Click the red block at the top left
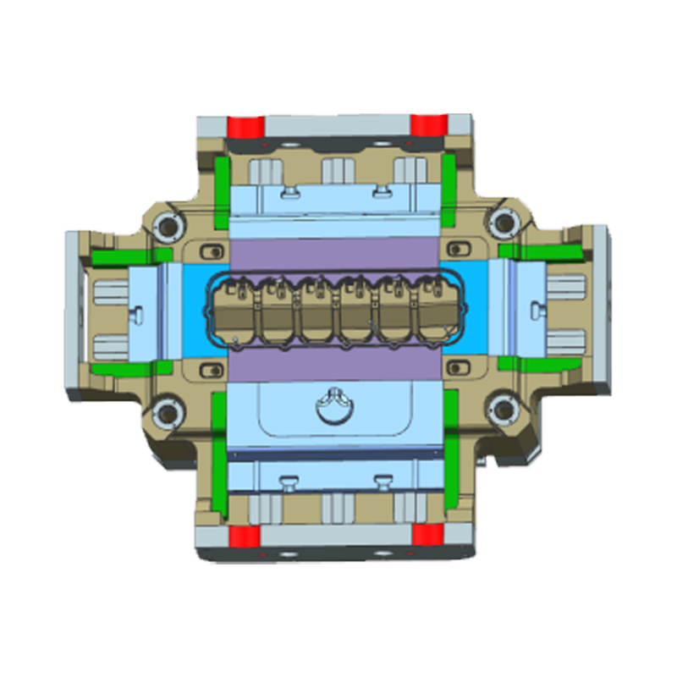[x=246, y=126]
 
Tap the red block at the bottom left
[x=245, y=535]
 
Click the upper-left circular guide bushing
[x=167, y=223]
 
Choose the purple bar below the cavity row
[x=337, y=366]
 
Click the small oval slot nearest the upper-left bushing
[x=212, y=250]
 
